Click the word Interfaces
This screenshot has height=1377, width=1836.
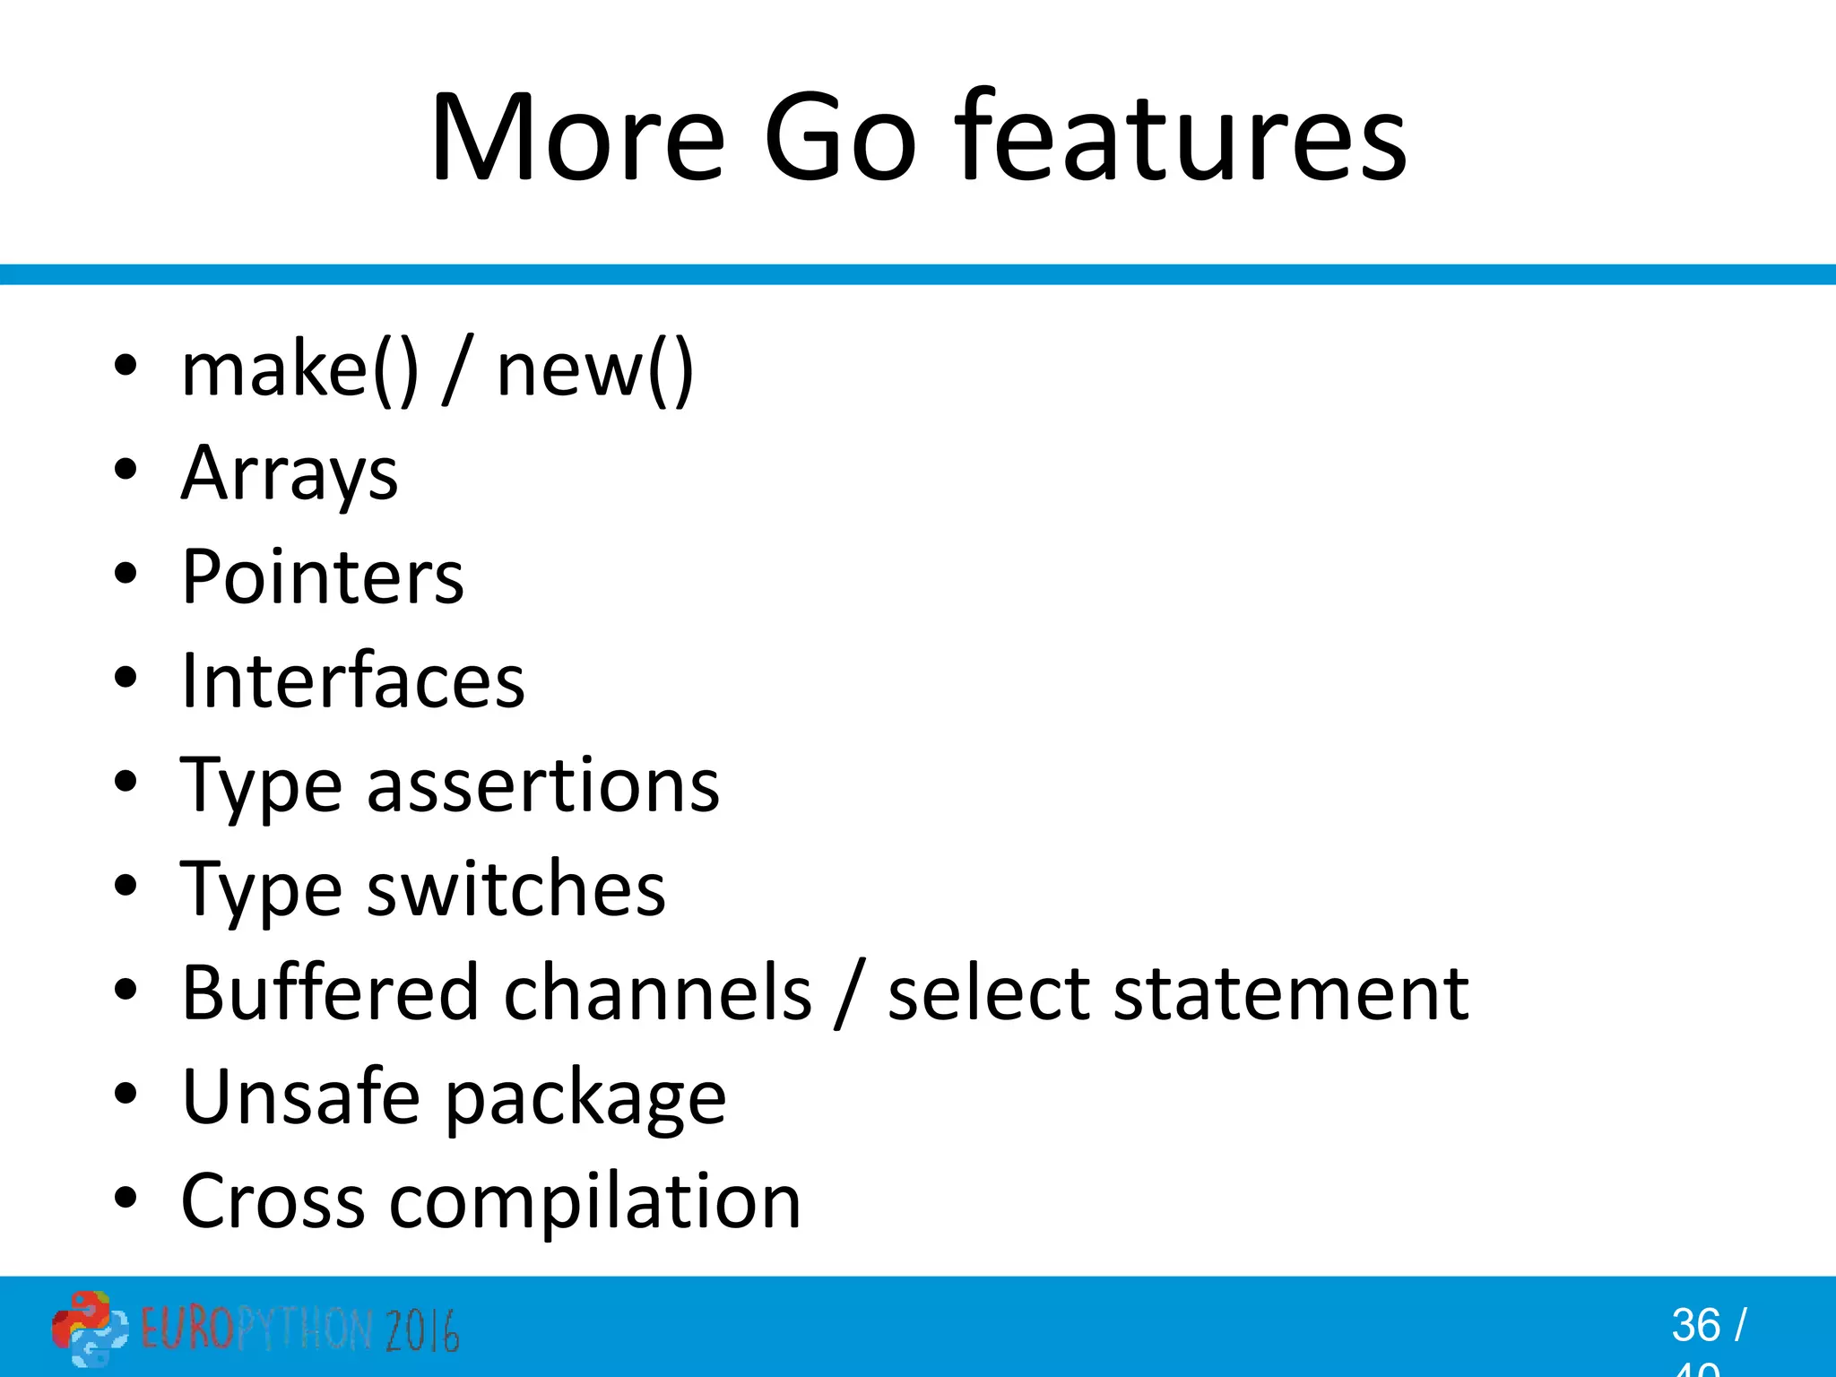pyautogui.click(x=352, y=680)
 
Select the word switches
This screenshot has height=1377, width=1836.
pyautogui.click(x=516, y=888)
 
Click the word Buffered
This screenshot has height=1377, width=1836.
pyautogui.click(x=330, y=992)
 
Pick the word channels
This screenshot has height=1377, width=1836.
pyautogui.click(x=658, y=992)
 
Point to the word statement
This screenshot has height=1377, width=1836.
pyautogui.click(x=1291, y=992)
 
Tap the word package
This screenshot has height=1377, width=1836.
pyautogui.click(x=585, y=1098)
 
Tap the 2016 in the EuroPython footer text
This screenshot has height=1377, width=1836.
pyautogui.click(x=422, y=1329)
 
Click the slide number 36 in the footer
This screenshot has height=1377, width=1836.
pyautogui.click(x=1695, y=1325)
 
